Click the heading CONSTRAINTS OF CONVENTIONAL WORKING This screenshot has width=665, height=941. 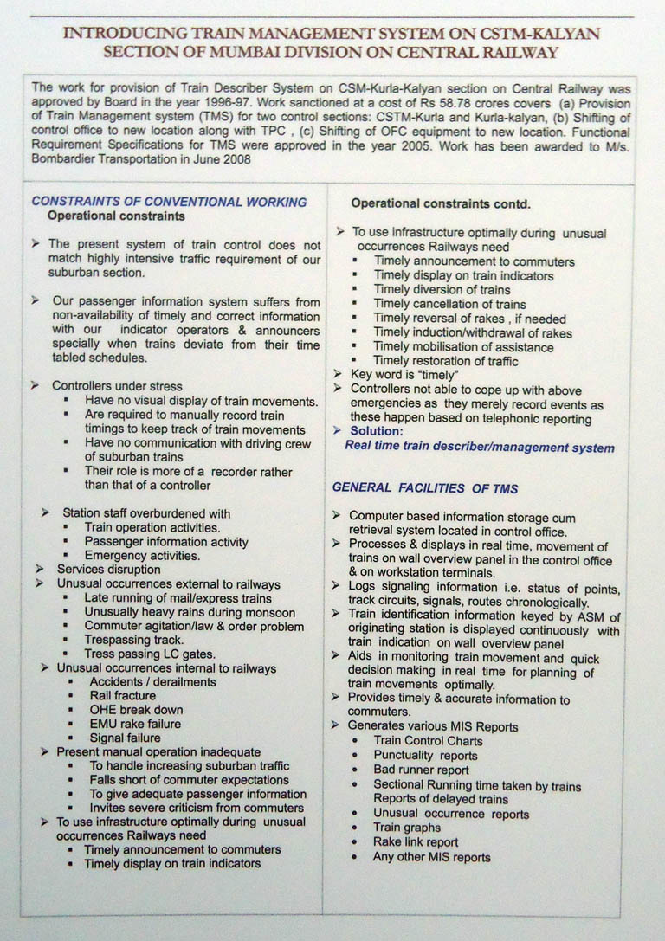(169, 201)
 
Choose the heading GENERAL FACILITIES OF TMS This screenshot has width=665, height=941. (425, 488)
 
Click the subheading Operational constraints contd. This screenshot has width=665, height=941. (440, 204)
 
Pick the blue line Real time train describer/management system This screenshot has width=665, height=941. (479, 448)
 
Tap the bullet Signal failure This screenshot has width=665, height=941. (125, 738)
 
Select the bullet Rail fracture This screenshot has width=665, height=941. (123, 695)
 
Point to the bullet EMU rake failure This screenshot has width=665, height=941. (135, 724)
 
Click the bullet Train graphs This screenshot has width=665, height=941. (407, 828)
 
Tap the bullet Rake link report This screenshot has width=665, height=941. (416, 841)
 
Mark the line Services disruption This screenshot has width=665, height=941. (108, 570)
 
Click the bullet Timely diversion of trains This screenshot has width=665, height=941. (442, 289)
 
